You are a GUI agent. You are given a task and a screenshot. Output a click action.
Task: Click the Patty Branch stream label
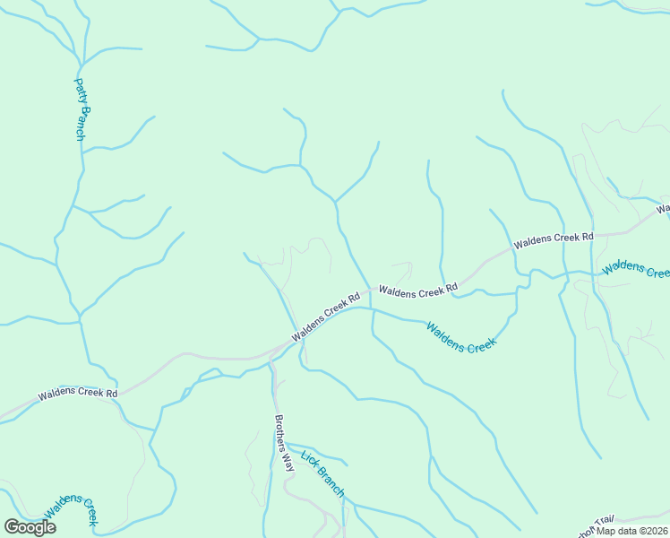pyautogui.click(x=80, y=109)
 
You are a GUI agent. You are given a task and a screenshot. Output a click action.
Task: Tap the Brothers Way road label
pyautogui.click(x=284, y=443)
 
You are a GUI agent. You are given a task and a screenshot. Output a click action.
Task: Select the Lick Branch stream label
pyautogui.click(x=322, y=473)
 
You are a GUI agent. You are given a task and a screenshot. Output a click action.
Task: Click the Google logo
pyautogui.click(x=30, y=527)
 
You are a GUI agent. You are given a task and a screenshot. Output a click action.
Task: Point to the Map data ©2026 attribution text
pyautogui.click(x=632, y=531)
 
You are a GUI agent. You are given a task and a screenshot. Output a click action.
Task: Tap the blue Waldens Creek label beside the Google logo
pyautogui.click(x=71, y=509)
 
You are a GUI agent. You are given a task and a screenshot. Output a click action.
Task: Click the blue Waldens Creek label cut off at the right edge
pyautogui.click(x=636, y=267)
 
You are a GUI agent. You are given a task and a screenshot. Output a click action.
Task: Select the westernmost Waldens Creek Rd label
pyautogui.click(x=78, y=394)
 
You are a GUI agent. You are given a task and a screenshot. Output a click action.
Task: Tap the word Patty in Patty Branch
pyautogui.click(x=79, y=91)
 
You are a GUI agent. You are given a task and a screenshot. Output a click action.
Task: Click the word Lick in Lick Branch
pyautogui.click(x=309, y=460)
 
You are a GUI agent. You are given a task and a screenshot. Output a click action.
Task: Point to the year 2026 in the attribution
pyautogui.click(x=655, y=531)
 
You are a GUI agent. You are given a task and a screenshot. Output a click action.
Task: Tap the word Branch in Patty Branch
pyautogui.click(x=81, y=123)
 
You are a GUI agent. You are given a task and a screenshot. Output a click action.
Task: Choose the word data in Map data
pyautogui.click(x=624, y=531)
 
